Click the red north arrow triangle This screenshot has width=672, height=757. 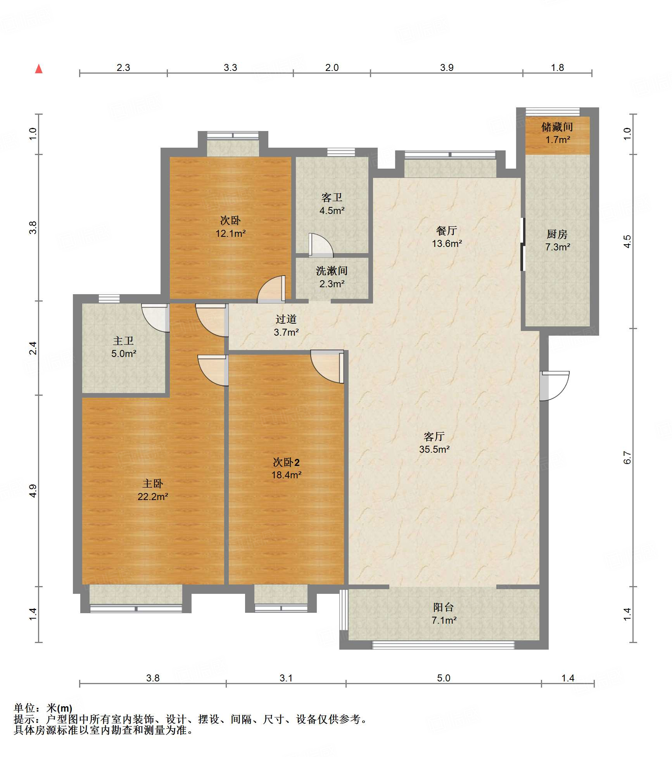pyautogui.click(x=39, y=69)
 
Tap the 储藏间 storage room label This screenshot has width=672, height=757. pyautogui.click(x=557, y=127)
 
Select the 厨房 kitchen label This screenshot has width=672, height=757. pyautogui.click(x=557, y=234)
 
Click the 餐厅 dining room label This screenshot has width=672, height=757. pyautogui.click(x=447, y=231)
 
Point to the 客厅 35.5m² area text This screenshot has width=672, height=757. pyautogui.click(x=434, y=449)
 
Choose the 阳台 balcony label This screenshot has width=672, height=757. pyautogui.click(x=444, y=607)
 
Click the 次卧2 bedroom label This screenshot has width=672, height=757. pyautogui.click(x=286, y=462)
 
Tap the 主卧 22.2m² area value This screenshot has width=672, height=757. pyautogui.click(x=153, y=497)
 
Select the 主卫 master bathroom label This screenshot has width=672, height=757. pyautogui.click(x=124, y=341)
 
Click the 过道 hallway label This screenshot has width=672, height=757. pyautogui.click(x=286, y=319)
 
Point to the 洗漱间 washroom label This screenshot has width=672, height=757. pyautogui.click(x=332, y=271)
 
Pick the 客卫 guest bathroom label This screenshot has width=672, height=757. pyautogui.click(x=332, y=198)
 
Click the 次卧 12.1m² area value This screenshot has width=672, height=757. pyautogui.click(x=231, y=233)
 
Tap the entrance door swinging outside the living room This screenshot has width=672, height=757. pyautogui.click(x=555, y=386)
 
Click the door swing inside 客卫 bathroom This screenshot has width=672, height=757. pyautogui.click(x=321, y=245)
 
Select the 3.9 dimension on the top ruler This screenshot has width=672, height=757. pyautogui.click(x=447, y=67)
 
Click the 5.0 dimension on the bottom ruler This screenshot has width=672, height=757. pyautogui.click(x=444, y=678)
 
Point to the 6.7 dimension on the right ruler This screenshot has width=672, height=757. pyautogui.click(x=627, y=457)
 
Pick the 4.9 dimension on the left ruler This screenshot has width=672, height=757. pyautogui.click(x=33, y=491)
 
